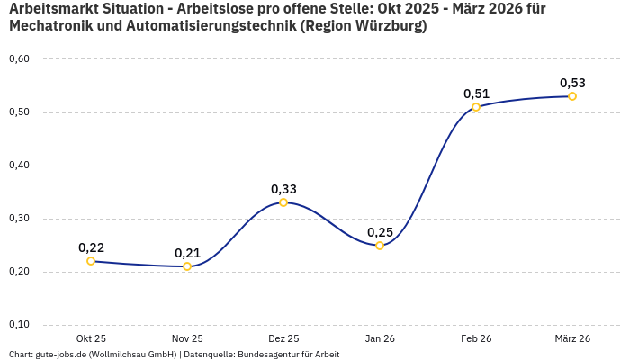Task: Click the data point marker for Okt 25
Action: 91,261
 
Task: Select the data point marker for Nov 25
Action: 187,266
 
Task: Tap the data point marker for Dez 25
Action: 283,202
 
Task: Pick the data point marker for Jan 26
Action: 380,246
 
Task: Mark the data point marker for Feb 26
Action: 476,107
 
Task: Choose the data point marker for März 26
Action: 572,96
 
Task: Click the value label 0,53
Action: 572,83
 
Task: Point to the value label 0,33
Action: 283,189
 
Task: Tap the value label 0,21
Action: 187,253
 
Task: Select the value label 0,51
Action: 476,94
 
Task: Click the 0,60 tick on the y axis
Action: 19,59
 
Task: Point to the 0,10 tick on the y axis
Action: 19,325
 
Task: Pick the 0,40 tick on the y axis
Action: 19,166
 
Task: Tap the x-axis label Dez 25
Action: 283,338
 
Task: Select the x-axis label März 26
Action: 572,338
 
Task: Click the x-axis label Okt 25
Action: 91,338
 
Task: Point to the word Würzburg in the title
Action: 384,26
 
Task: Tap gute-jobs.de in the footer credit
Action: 61,355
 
